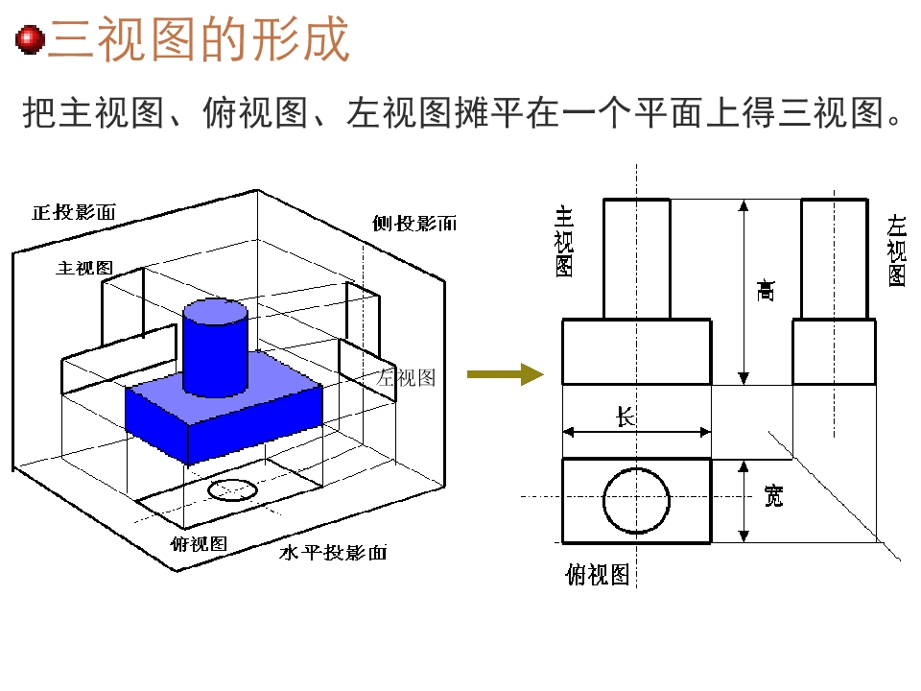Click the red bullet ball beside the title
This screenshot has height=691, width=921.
31,40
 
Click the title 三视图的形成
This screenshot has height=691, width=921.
200,39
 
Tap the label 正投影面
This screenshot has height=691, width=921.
74,212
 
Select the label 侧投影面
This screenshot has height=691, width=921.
414,224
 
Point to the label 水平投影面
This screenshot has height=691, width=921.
333,553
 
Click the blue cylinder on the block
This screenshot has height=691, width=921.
215,346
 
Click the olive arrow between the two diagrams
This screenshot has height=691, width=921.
506,374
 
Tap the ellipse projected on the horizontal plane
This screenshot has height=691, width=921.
232,490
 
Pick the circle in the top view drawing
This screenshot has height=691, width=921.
637,467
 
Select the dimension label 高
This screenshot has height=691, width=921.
766,290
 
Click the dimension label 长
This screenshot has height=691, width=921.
626,417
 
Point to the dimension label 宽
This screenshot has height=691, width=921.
773,496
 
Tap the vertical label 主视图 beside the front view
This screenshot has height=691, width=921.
564,242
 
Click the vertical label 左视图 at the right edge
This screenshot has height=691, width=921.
896,250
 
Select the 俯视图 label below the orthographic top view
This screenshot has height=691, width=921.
598,574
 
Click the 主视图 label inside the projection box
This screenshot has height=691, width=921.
84,268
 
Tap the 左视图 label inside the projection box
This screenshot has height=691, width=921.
406,377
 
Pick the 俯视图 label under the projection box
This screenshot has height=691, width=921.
199,543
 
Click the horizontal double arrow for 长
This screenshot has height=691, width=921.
637,433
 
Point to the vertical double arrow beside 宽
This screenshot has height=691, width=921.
744,501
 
